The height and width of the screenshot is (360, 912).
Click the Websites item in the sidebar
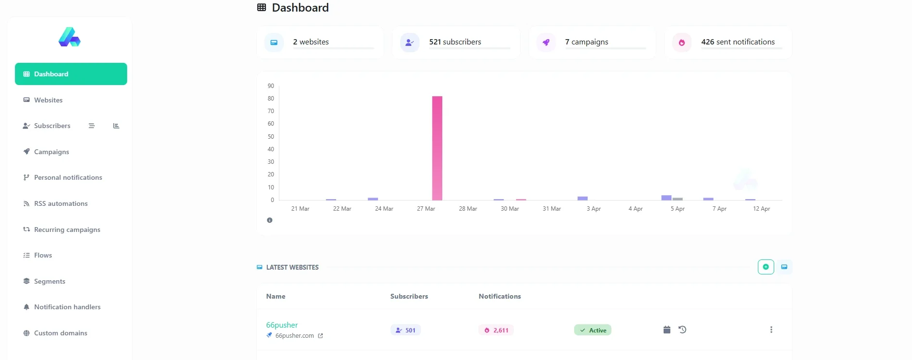[48, 100]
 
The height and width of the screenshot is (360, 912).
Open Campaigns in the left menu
[51, 152]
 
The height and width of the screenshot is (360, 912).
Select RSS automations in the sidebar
[60, 203]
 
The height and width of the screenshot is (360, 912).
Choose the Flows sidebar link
[43, 255]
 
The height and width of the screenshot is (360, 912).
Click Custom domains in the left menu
[60, 333]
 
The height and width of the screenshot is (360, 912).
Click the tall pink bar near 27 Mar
[437, 148]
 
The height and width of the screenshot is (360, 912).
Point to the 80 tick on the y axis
[271, 99]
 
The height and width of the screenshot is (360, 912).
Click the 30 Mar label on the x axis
[510, 209]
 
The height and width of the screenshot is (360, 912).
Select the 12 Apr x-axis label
[761, 209]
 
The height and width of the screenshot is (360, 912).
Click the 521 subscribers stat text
[455, 42]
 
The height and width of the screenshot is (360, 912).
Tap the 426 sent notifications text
[738, 42]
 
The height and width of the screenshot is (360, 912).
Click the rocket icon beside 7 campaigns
[546, 43]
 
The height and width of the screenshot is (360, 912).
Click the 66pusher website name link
[282, 325]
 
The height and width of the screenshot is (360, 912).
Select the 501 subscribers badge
[405, 330]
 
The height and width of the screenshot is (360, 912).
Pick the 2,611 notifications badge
[496, 330]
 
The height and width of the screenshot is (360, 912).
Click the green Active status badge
[593, 330]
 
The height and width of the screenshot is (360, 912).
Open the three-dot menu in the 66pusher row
[771, 330]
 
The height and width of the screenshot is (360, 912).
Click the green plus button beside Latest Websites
[766, 267]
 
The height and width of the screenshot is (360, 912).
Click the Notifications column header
[500, 296]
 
